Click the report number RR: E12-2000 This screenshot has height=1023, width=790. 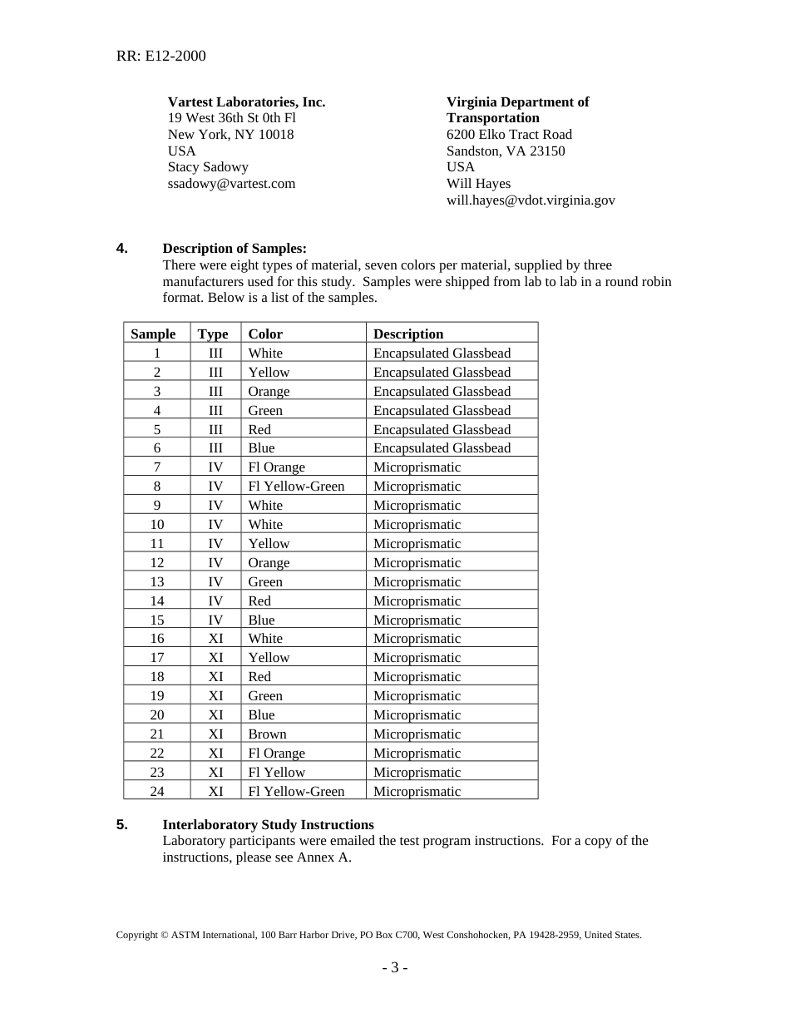160,56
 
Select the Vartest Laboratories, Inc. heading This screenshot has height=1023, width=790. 246,101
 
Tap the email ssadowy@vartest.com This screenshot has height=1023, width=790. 231,183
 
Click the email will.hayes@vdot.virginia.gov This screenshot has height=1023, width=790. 531,200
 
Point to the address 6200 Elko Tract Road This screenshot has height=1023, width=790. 509,134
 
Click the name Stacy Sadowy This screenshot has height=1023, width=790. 208,166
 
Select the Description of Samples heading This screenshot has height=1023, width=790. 235,248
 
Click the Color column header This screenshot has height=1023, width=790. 265,334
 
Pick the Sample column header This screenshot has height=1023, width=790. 153,334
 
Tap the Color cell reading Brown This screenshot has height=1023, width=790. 267,734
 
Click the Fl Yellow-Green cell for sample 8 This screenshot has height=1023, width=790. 296,486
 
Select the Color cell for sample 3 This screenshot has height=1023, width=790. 269,391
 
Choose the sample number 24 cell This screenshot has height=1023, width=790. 157,791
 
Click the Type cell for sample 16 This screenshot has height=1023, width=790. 215,638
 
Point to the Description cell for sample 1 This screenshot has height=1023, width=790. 442,353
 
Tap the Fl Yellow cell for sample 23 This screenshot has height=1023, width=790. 276,772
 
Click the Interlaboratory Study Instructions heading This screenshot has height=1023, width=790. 268,824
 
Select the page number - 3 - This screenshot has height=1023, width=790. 394,967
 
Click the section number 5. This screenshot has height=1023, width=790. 122,824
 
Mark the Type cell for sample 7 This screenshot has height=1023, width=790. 215,467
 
